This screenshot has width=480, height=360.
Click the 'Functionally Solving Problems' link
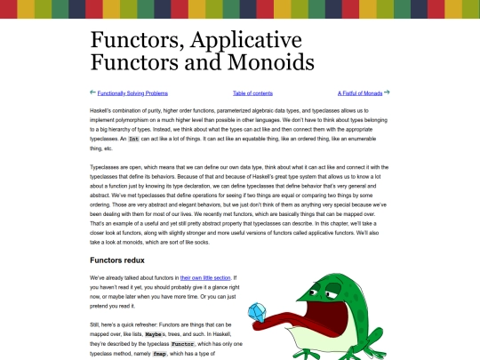pos(132,92)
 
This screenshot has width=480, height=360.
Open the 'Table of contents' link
pos(252,92)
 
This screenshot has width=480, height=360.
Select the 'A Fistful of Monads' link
pos(359,92)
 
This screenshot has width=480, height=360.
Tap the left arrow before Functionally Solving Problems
pos(93,92)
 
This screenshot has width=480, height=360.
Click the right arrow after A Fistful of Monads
pos(387,92)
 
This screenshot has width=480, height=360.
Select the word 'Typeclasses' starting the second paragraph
pos(109,167)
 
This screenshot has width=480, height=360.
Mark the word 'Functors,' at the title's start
pos(132,40)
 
